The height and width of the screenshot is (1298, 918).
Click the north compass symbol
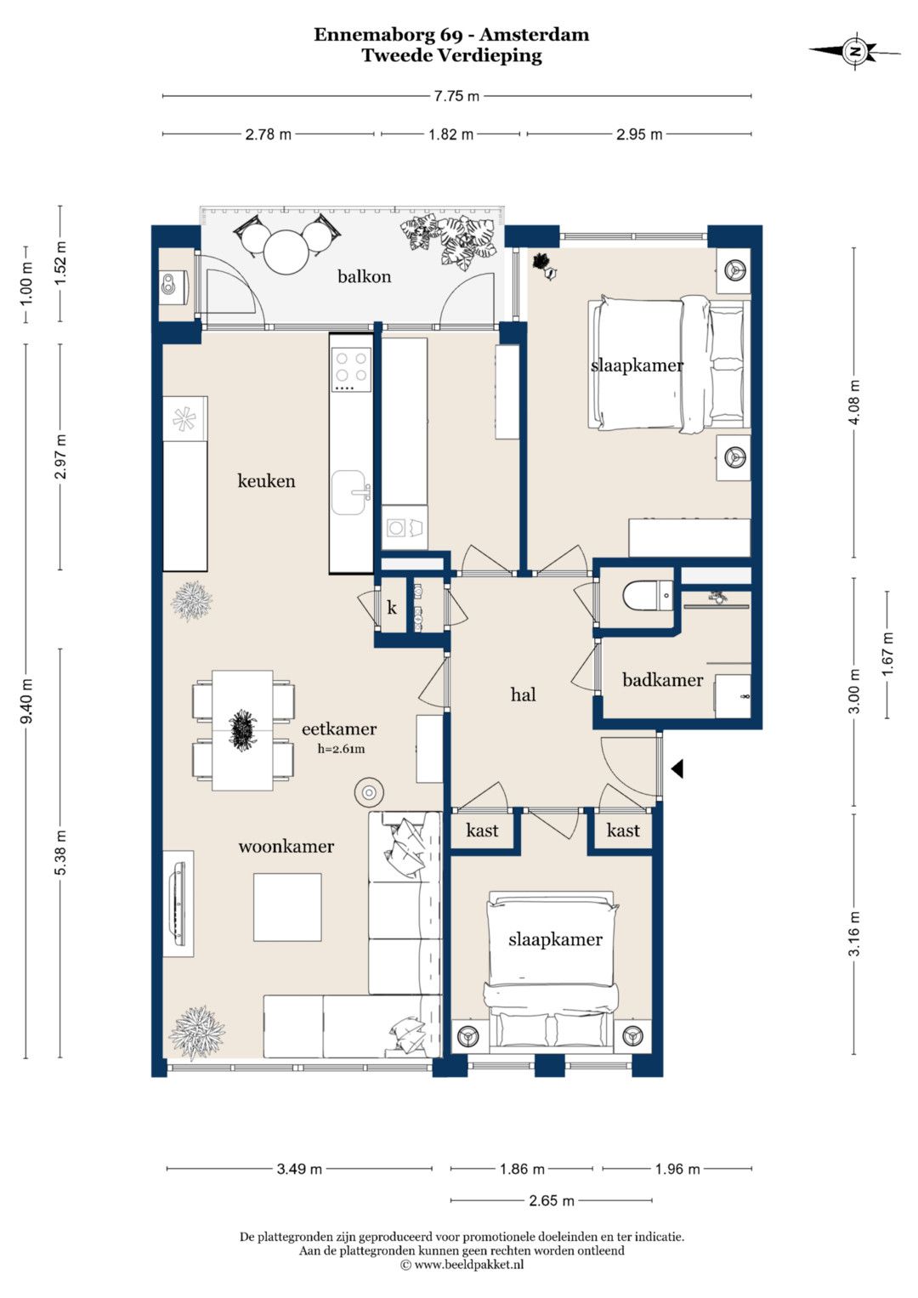[x=855, y=50]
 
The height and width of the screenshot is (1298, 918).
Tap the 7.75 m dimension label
[x=456, y=96]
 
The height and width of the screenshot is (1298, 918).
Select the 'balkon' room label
[x=364, y=276]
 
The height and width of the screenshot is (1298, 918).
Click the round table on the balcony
[x=287, y=252]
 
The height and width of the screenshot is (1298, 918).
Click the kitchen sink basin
[x=348, y=492]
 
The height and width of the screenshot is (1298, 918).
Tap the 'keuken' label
[x=266, y=480]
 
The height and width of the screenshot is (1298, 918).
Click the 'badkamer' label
[x=662, y=680]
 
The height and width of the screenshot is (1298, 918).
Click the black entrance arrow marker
[x=677, y=769]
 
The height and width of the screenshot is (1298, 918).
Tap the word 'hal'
[x=523, y=694]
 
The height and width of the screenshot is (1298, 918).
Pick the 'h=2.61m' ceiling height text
[x=341, y=749]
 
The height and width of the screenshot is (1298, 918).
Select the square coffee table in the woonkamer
[x=287, y=908]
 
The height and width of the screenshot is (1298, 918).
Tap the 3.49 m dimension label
[x=299, y=1169]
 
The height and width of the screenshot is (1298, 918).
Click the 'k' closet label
[x=392, y=607]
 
